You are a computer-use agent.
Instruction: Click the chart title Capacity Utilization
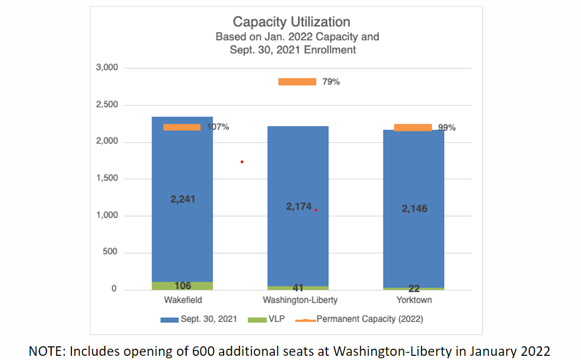291,23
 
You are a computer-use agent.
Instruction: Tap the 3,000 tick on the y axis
107,68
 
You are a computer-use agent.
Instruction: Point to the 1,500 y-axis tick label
107,179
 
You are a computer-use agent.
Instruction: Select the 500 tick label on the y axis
110,252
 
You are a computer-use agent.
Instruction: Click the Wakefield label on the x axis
182,300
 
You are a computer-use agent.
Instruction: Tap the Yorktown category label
414,300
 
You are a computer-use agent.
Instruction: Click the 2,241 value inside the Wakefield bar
183,199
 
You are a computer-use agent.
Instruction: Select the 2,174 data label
299,206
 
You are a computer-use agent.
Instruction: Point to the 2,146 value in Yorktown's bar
414,208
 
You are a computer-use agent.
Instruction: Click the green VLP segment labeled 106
183,286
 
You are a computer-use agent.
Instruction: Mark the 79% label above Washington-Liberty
331,82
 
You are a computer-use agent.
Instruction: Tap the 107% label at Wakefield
218,127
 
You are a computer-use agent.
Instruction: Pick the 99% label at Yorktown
447,127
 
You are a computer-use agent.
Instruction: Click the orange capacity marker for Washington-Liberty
297,82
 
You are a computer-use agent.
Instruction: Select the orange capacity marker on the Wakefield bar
182,127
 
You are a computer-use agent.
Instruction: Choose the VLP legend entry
277,320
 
